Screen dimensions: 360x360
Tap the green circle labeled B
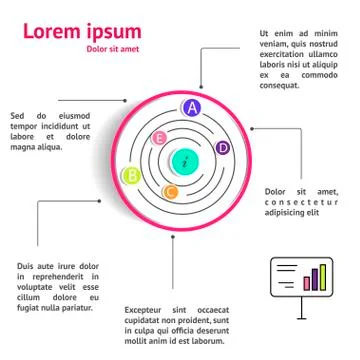click(129, 177)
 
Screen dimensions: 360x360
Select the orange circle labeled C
click(170, 191)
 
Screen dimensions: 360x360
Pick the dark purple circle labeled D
click(223, 148)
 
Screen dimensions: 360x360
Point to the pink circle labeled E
click(158, 138)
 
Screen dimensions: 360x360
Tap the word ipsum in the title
click(114, 32)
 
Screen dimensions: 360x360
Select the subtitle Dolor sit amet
click(113, 50)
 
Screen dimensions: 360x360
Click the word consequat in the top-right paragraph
click(281, 85)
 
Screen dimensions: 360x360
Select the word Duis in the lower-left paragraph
click(27, 265)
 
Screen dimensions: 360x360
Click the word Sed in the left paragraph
click(18, 115)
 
